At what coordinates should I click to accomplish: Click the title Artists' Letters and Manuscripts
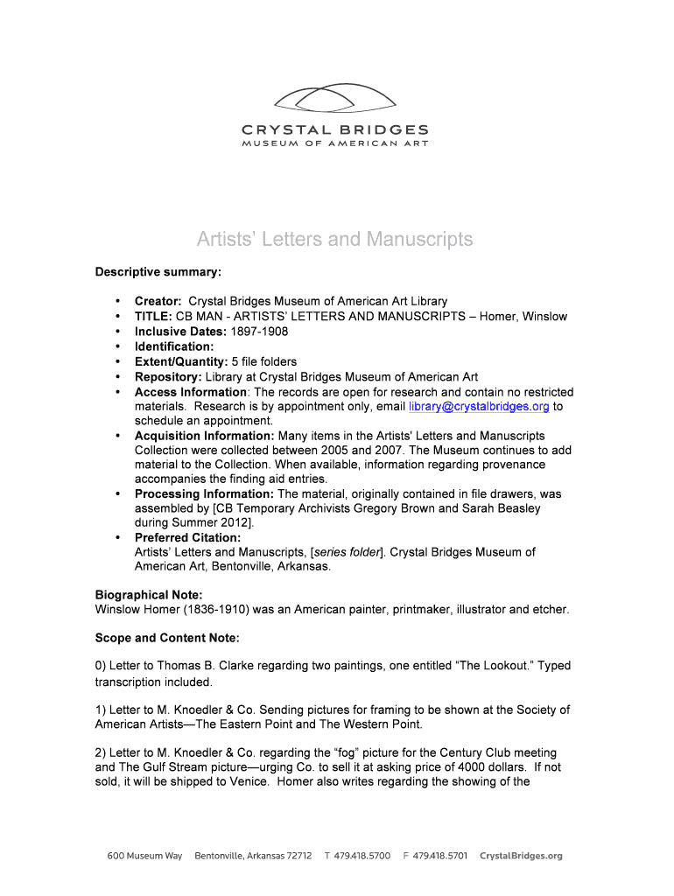coord(334,239)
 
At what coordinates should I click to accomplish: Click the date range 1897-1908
coord(259,332)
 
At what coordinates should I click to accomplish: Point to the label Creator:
coord(158,302)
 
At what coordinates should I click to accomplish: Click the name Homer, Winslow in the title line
coord(523,317)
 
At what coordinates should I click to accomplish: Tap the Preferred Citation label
coord(187,537)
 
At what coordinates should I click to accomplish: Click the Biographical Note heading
coord(149,595)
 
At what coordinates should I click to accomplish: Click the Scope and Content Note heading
coord(166,638)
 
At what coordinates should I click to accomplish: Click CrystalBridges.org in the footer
coord(521,856)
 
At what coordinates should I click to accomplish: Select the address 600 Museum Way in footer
coord(145,856)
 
